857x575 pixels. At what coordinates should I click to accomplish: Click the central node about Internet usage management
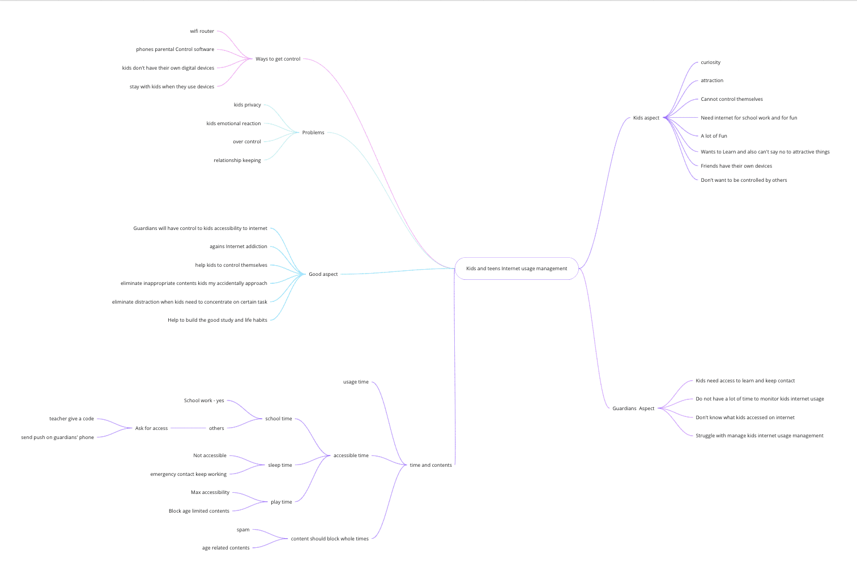[x=516, y=269]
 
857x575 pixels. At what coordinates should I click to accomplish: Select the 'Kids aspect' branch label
[x=646, y=118]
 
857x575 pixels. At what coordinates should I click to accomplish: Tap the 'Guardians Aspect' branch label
[x=633, y=408]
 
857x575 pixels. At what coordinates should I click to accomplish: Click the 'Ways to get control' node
[x=278, y=59]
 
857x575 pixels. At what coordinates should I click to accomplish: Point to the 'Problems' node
[x=313, y=133]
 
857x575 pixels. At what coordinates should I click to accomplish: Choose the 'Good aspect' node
[x=323, y=274]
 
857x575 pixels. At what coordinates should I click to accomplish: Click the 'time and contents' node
[x=430, y=465]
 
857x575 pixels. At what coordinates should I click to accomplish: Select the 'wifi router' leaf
[x=202, y=31]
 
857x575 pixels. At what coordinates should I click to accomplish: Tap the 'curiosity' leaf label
[x=710, y=62]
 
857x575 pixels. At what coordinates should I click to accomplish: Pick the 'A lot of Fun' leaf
[x=714, y=136]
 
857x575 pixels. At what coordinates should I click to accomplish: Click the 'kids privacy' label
[x=247, y=105]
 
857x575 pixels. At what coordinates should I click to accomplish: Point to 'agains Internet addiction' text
[x=238, y=246]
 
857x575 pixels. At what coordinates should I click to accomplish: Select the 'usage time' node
[x=356, y=382]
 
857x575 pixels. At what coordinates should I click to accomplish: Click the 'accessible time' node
[x=351, y=455]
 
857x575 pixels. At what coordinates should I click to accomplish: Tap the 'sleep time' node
[x=280, y=465]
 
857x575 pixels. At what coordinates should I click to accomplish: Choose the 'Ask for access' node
[x=151, y=428]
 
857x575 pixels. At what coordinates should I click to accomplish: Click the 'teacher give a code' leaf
[x=71, y=419]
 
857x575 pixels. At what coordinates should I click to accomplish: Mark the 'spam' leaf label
[x=243, y=530]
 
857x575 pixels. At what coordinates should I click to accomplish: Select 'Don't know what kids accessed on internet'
[x=745, y=418]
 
